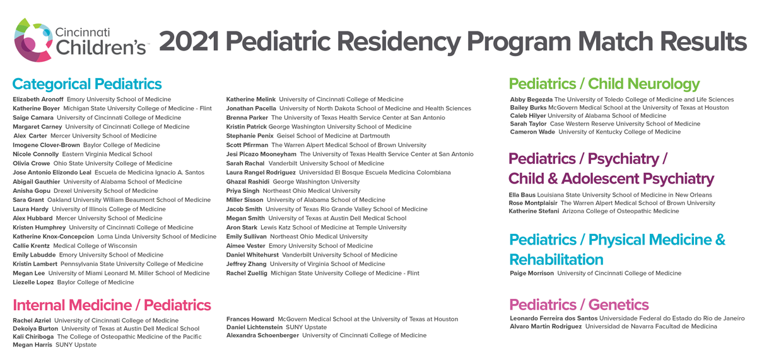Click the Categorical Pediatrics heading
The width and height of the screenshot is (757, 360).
coord(87,84)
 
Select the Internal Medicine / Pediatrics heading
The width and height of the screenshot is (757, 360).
coord(112,306)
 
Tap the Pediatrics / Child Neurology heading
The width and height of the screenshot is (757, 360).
coord(604,84)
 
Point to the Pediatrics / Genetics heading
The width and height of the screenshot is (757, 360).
coord(578,305)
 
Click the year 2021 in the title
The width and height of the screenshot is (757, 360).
coord(188,42)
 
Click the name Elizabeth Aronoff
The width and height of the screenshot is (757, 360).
coord(38,100)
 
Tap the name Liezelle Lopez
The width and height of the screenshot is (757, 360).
coord(33,282)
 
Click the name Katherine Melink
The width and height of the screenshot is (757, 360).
coord(250,100)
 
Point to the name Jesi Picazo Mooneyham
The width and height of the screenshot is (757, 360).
coord(261,154)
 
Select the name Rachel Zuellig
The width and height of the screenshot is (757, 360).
coord(247,274)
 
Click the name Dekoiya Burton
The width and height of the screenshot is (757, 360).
coord(35,328)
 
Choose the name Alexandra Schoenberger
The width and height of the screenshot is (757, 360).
coord(262,335)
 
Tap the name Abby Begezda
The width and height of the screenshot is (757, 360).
coord(531,100)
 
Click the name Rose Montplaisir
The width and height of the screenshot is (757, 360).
coord(533,203)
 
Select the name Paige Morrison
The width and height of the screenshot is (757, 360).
coord(532,274)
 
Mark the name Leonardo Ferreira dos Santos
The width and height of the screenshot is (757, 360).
coord(553,318)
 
